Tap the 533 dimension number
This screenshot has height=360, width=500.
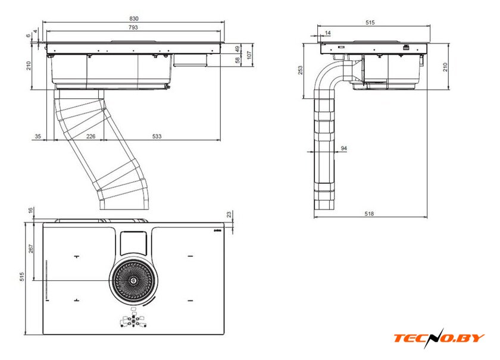157,137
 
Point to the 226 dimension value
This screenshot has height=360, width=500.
91,137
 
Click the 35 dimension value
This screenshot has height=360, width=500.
37,137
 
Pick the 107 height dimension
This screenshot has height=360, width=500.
250,54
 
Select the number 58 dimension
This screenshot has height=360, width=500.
237,60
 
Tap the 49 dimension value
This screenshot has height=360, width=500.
237,48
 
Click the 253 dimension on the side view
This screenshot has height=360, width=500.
301,70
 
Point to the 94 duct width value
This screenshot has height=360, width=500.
344,148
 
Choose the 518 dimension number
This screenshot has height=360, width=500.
370,214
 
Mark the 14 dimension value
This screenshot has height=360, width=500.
328,33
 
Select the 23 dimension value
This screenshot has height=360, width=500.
229,214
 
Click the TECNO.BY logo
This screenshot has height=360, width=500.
439,337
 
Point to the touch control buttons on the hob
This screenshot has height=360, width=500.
133,321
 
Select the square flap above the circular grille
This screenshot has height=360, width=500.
133,243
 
